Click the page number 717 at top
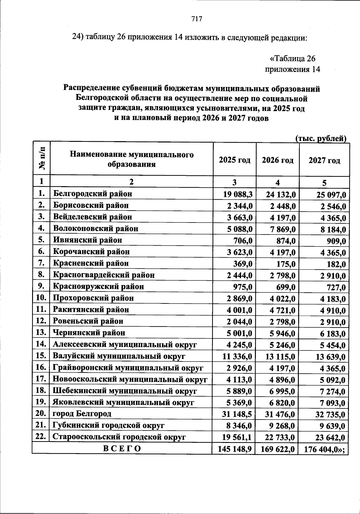pos(197,19)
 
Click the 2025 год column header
pos(234,160)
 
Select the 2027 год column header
pos(324,160)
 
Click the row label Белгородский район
pos(93,194)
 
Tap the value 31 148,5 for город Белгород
pos(237,415)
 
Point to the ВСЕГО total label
pos(122,449)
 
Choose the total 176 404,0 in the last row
pos(323,450)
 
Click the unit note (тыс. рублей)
pos(321,139)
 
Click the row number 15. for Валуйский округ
pos(40,356)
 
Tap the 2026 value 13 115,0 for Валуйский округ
pos(280,357)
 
